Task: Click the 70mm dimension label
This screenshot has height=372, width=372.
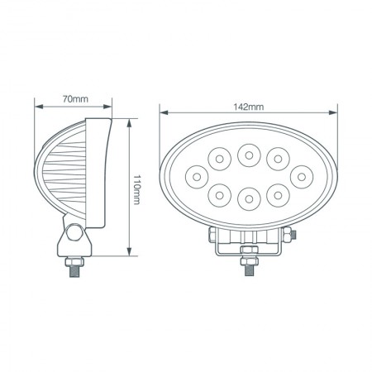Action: (75, 99)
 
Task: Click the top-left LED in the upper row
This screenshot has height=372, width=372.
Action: (220, 156)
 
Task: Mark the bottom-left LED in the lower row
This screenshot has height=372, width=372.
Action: (220, 193)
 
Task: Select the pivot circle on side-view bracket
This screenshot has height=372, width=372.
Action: (74, 234)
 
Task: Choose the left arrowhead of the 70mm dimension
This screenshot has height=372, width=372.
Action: (38, 107)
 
